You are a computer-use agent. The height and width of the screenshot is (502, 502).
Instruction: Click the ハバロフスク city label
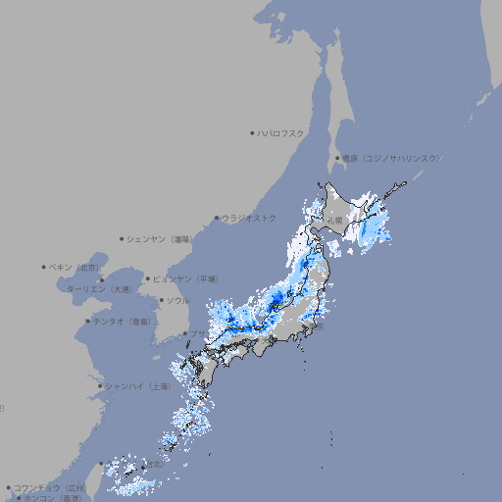coord(281,132)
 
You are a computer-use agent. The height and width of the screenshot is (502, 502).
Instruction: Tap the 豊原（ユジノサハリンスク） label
coord(390,158)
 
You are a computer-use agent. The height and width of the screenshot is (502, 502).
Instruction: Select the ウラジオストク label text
coord(249,218)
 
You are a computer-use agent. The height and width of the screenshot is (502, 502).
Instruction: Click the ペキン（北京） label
coord(75,267)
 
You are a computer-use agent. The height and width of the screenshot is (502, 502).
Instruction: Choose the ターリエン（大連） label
coord(99,289)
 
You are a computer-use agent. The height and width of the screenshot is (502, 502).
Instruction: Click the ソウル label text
coord(177,301)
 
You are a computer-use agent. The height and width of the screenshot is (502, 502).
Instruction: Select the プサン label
coord(199,334)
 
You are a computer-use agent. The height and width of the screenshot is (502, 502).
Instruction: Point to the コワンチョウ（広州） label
coord(49,487)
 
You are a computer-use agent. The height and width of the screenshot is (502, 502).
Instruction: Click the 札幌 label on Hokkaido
coord(335,222)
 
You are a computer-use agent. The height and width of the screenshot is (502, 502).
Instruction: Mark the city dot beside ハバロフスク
coord(252,132)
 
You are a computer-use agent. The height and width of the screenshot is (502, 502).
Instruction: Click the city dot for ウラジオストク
coord(217,218)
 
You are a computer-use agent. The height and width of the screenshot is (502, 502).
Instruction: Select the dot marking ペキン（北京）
coord(44,267)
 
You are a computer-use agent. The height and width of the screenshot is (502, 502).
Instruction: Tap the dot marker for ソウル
coord(161,301)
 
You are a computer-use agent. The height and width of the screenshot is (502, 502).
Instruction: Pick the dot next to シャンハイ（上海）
coord(100,386)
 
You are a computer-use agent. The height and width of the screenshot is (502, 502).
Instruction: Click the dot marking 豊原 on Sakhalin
coord(337,158)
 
